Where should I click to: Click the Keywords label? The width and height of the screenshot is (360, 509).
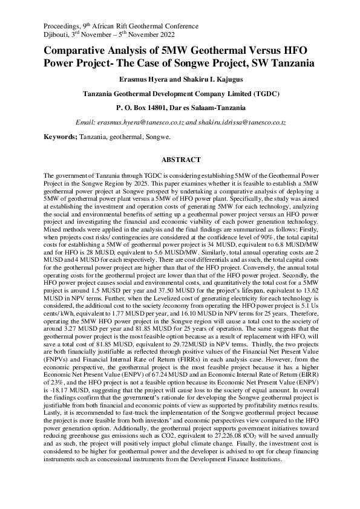[61, 137]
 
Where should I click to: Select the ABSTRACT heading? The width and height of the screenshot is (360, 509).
[180, 160]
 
